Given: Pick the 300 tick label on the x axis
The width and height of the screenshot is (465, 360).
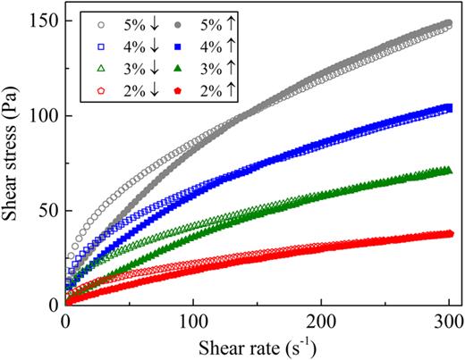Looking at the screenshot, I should coord(448,322).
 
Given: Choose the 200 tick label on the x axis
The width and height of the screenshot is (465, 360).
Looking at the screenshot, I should coord(321,322).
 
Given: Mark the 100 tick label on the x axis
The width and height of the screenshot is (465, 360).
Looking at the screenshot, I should coord(193,322).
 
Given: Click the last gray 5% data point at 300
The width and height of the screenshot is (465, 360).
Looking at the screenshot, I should coord(447,25).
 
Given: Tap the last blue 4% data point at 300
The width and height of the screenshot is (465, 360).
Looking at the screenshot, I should coord(447,108).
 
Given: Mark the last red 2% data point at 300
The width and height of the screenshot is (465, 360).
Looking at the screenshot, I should coord(447,234).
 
